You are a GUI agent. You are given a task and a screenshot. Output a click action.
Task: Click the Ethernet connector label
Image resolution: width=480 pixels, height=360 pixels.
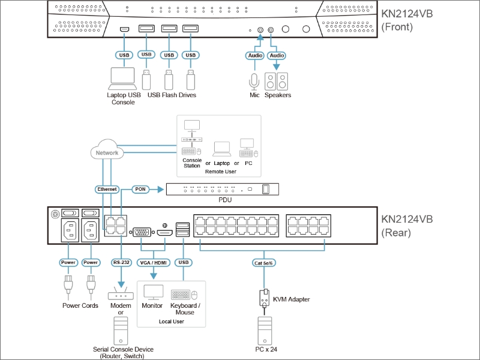[x=107, y=189]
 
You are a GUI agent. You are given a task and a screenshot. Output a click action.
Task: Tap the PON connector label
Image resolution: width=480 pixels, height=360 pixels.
[x=140, y=189]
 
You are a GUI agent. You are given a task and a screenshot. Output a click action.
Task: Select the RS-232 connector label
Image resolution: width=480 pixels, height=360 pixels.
[x=121, y=262]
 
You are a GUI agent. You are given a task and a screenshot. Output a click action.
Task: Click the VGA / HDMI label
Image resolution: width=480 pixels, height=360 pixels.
[x=154, y=263]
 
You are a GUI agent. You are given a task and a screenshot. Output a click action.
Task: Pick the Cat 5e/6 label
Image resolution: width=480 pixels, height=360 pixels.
[x=263, y=263]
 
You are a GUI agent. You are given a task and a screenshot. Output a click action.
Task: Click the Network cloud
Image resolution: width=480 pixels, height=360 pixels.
[x=107, y=149]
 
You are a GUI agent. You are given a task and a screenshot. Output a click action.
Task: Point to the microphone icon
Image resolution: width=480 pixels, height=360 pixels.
[x=254, y=82]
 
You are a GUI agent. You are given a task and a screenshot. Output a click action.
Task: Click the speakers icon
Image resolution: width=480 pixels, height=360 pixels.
[x=276, y=82]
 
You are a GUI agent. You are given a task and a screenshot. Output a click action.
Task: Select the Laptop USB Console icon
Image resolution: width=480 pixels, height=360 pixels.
[x=123, y=79]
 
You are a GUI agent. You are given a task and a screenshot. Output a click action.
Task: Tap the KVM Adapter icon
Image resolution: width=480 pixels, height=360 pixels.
[x=265, y=298]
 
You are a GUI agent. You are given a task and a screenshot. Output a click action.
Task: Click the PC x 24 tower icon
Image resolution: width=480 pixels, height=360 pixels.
[x=265, y=331]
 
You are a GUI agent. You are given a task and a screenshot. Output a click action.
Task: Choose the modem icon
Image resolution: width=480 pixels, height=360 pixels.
[x=121, y=294]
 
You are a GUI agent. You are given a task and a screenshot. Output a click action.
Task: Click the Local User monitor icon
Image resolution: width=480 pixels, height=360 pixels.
[x=154, y=292]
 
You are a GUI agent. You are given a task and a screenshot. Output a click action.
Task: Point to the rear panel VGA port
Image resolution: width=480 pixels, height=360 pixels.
[x=142, y=232]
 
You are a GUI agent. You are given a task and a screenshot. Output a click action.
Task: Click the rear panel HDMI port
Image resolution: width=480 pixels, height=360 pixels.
[x=164, y=233]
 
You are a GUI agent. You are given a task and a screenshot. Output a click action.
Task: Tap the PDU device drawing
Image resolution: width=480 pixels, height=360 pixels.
[x=223, y=189]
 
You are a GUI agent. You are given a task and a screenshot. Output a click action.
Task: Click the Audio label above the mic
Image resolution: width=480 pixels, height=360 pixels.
[x=254, y=55]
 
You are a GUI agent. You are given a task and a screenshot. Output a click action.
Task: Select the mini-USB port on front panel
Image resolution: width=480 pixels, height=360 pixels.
[x=124, y=29]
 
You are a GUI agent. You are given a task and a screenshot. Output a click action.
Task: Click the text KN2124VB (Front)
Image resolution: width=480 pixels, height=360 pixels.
[x=407, y=20]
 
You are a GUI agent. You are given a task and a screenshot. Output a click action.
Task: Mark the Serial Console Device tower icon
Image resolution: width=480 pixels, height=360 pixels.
[x=121, y=331]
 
